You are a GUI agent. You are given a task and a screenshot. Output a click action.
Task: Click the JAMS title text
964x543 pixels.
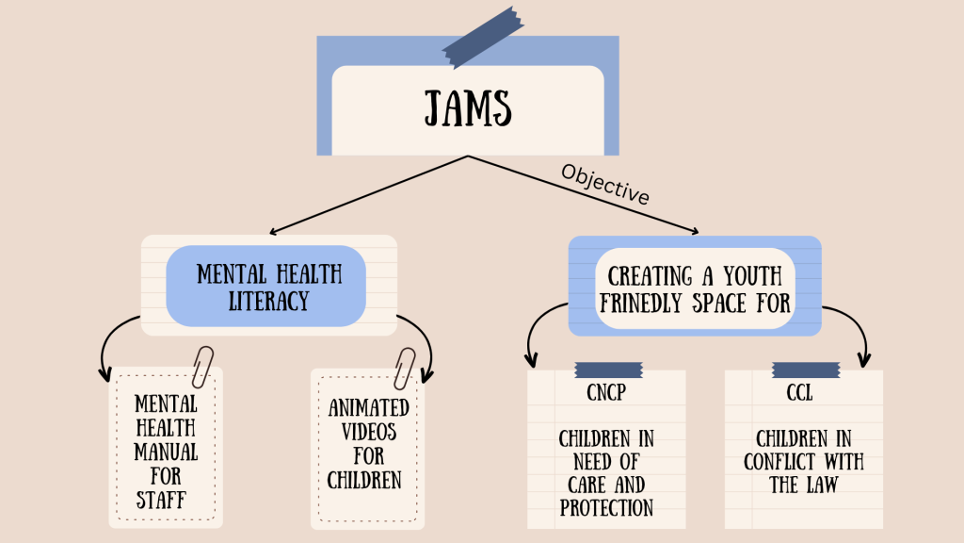[468, 108]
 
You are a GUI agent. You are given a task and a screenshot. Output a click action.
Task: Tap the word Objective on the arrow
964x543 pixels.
[605, 184]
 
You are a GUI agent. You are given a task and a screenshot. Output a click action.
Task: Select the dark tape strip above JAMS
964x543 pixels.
[483, 37]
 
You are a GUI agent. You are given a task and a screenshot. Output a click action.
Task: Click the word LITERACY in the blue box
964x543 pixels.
[268, 301]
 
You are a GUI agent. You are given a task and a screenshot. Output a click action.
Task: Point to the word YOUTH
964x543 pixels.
[752, 276]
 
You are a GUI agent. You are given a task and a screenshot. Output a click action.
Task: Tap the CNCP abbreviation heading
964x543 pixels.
[606, 393]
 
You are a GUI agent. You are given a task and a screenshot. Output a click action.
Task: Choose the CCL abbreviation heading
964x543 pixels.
[800, 393]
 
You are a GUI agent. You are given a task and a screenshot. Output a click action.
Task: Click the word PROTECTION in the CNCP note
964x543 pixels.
[606, 508]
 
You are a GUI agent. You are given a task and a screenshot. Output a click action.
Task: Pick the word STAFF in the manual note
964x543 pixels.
[161, 500]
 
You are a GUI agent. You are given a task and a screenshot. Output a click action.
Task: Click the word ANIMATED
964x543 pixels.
[369, 407]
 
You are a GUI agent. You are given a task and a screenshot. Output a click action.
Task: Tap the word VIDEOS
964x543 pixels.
[369, 432]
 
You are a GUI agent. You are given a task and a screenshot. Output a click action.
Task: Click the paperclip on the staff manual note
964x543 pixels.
[202, 367]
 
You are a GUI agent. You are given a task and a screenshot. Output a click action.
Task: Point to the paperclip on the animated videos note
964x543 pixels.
[405, 369]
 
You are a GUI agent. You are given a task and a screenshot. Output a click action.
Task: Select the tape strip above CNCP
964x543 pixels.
[609, 370]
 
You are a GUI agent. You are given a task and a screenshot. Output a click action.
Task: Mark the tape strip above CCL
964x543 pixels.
[806, 370]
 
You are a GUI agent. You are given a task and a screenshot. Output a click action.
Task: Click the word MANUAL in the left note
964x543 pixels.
[166, 452]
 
